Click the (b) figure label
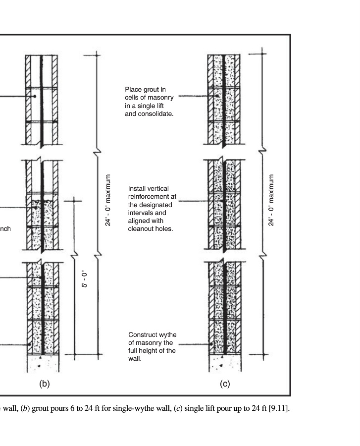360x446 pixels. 45,383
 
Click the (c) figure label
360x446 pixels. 225,383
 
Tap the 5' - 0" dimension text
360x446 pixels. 85,279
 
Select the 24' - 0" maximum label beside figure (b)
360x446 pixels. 108,200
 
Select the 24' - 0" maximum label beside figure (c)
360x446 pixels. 271,200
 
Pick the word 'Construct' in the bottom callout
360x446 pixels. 142,335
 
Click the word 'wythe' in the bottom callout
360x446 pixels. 168,335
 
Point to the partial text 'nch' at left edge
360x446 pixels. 5,228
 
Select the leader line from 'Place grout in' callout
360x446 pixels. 193,97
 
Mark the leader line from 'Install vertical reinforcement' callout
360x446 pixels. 193,201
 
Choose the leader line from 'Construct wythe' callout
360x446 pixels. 194,343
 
